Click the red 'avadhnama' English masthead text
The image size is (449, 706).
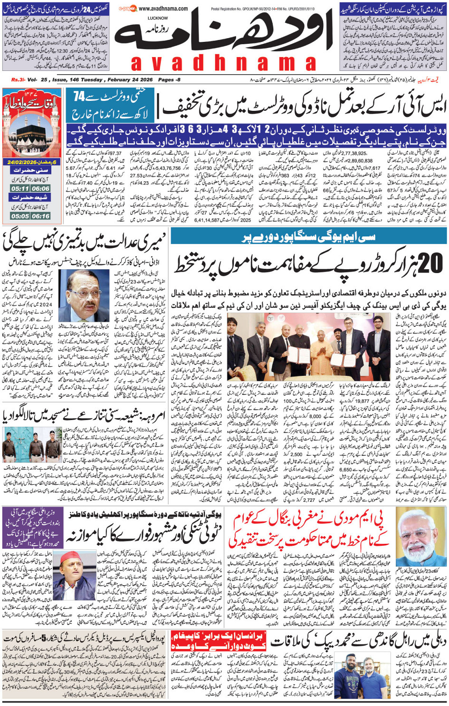[x=223, y=63]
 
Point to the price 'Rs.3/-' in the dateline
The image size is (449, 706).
[x=18, y=80]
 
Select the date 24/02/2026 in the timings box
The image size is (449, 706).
[x=24, y=162]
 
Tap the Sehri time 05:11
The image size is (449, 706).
[x=20, y=188]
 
